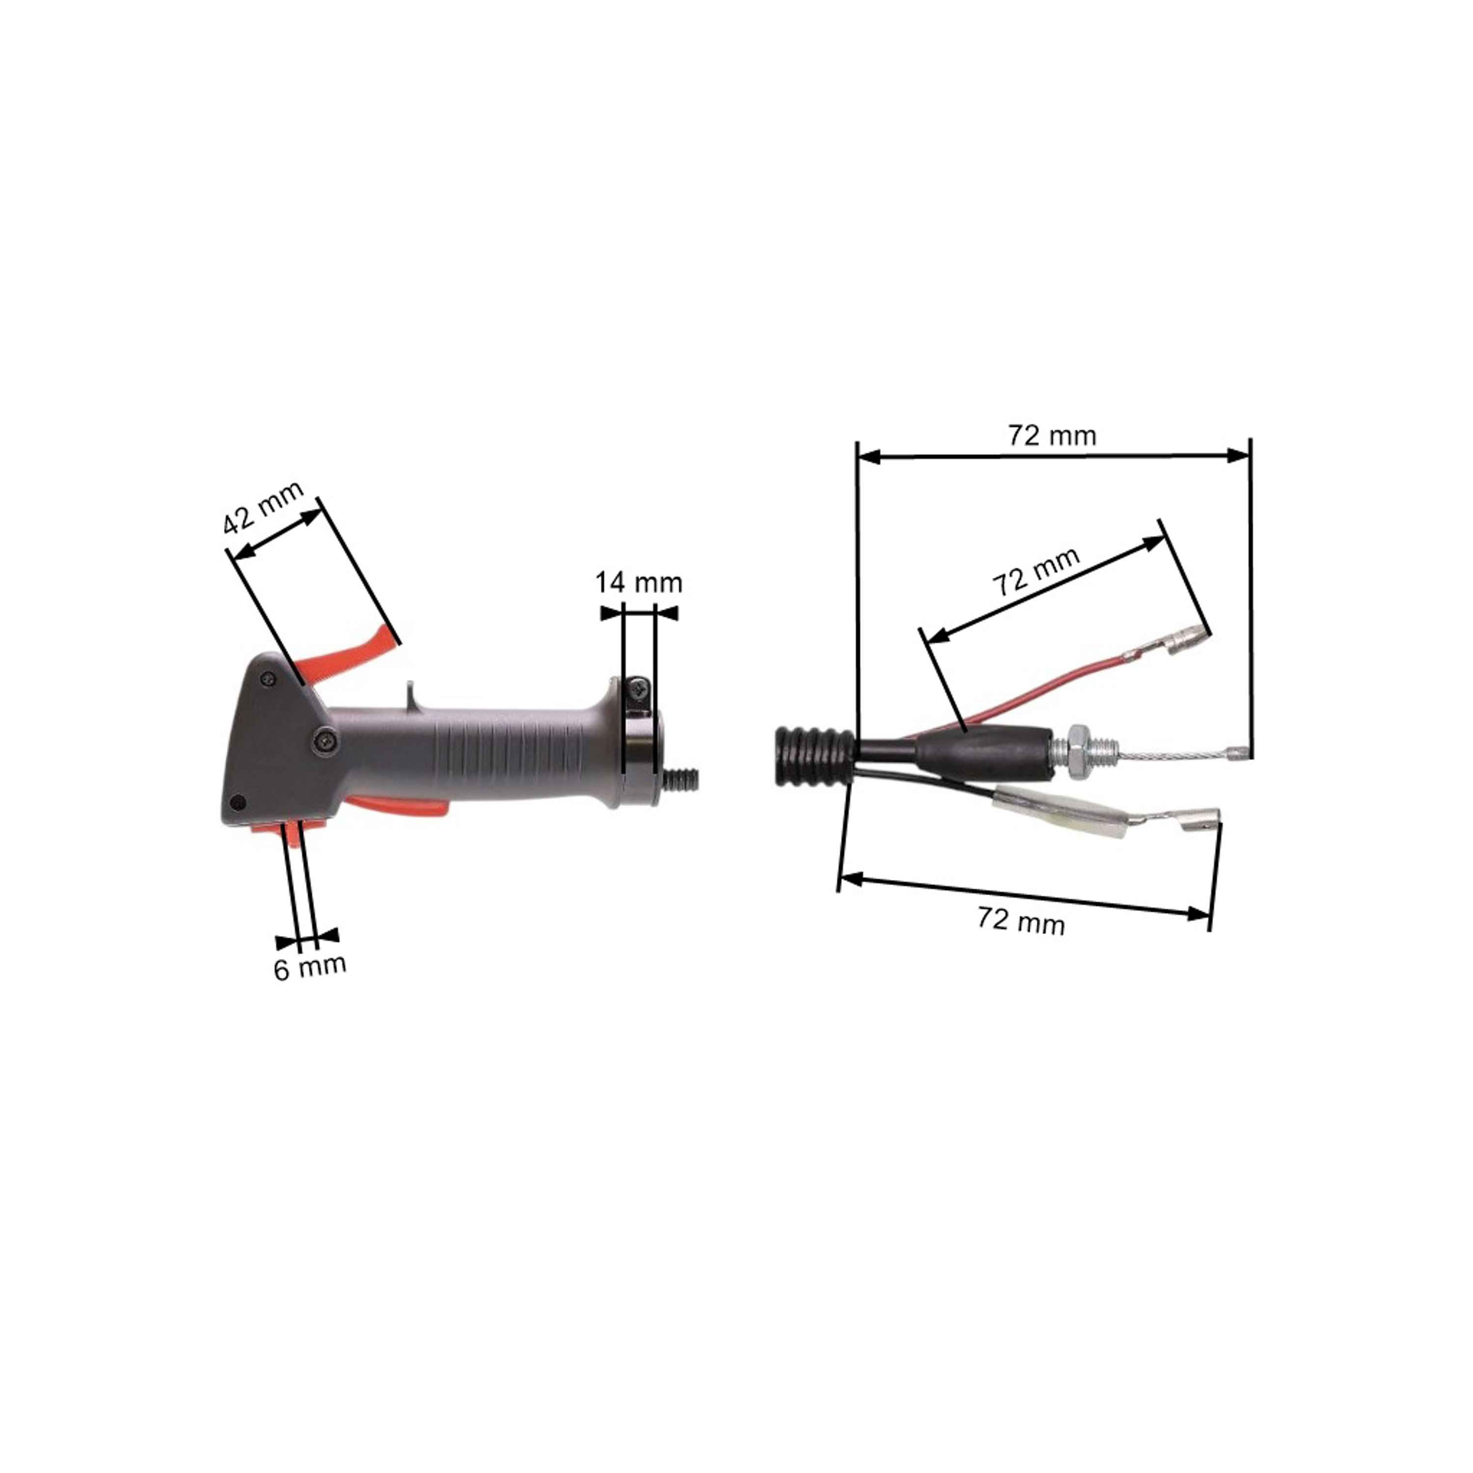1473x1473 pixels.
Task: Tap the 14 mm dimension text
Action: tap(639, 583)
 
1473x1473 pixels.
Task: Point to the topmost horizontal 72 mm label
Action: tap(1052, 436)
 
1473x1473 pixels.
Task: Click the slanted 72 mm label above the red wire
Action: tap(1036, 572)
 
